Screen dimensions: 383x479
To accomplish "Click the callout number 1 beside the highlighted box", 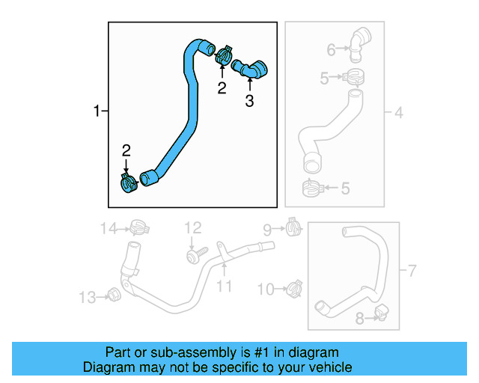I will [96, 111].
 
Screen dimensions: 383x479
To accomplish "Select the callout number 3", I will [249, 101].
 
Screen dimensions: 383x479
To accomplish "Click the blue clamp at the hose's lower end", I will [128, 182].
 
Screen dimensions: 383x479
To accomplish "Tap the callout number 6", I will [332, 50].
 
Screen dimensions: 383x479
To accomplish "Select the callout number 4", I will [398, 113].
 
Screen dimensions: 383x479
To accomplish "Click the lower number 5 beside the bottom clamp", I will [344, 189].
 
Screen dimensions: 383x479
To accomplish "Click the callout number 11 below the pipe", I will [225, 286].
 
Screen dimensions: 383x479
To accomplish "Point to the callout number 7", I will [411, 269].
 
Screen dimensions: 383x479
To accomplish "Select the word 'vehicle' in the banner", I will [329, 367].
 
